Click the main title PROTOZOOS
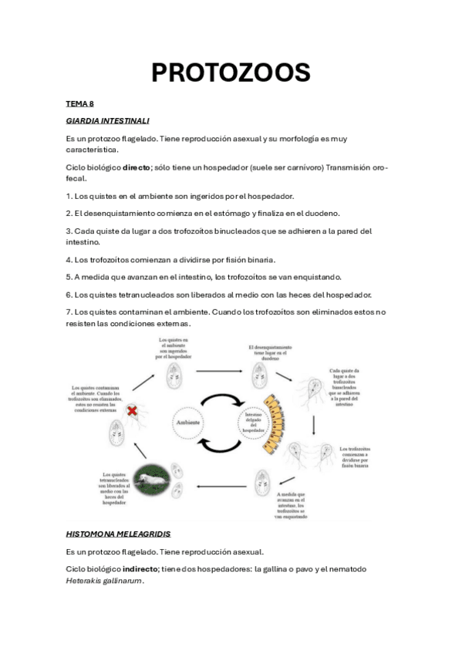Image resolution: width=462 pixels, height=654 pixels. click(x=231, y=72)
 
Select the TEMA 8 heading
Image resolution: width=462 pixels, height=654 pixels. click(x=79, y=103)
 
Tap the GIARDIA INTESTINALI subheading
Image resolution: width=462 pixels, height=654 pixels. click(x=107, y=121)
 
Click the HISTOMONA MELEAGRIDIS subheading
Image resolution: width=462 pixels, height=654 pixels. click(x=118, y=534)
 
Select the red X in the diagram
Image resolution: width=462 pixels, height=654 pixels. click(x=132, y=413)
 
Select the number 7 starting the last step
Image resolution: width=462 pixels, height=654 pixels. click(x=69, y=312)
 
